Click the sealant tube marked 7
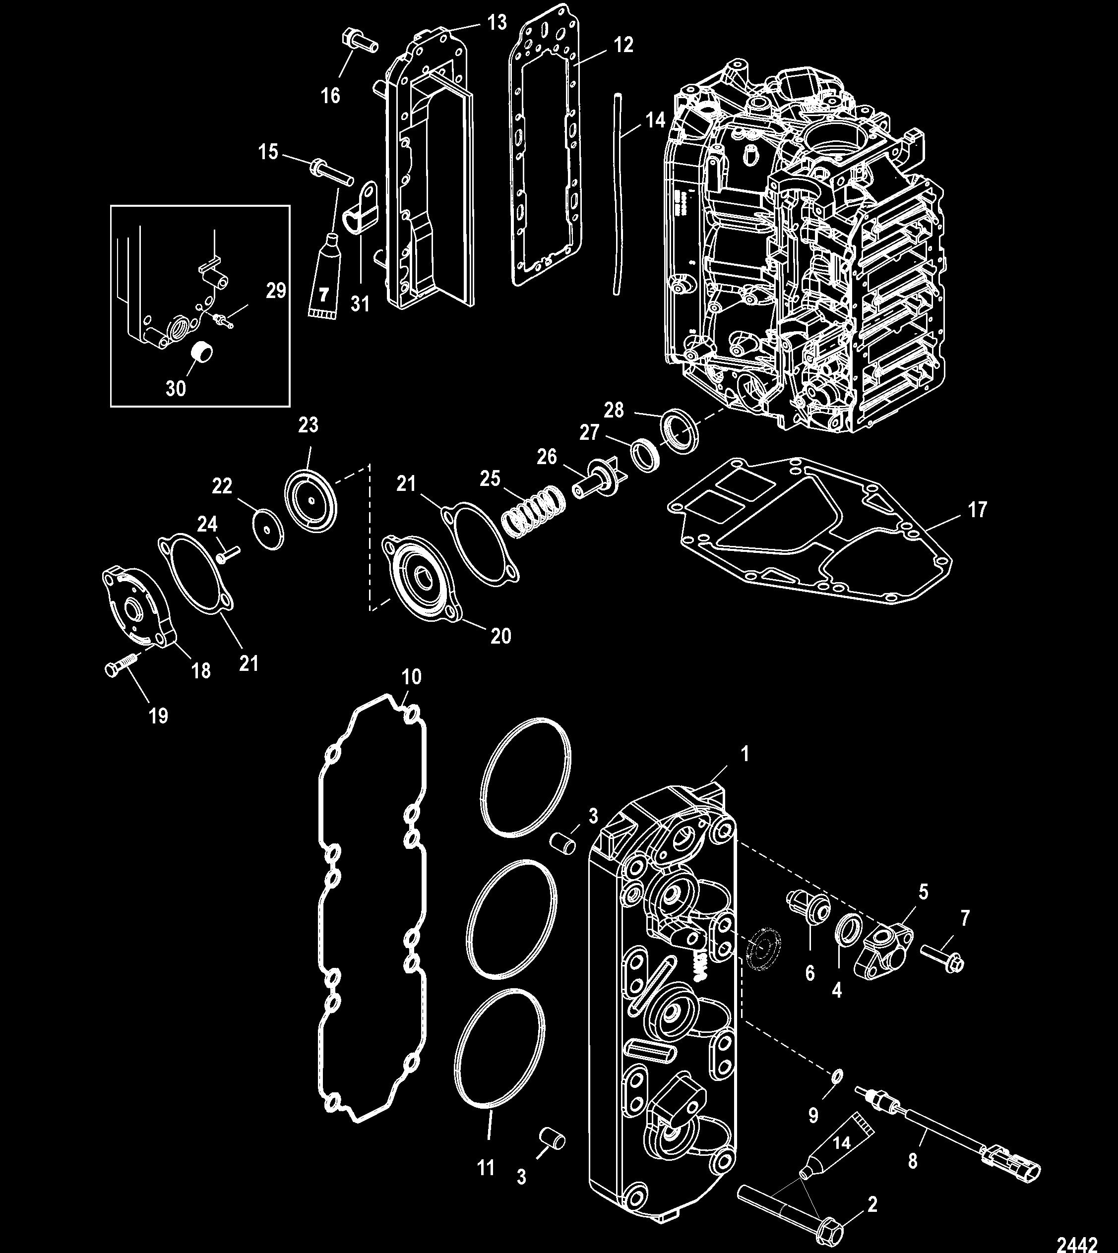tap(324, 283)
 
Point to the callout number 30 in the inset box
tap(176, 388)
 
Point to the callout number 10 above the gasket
tap(411, 677)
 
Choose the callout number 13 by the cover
tap(497, 23)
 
